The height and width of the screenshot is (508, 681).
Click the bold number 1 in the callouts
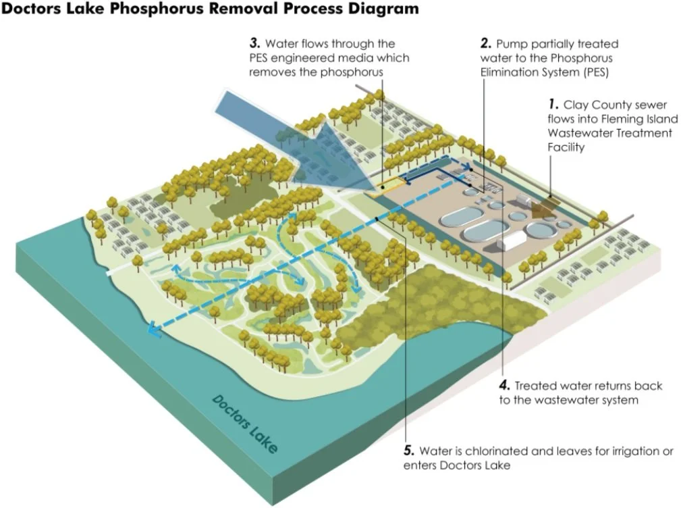click(553, 105)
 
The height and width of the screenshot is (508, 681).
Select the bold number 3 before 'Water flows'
click(254, 44)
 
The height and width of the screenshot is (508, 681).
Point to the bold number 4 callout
click(504, 386)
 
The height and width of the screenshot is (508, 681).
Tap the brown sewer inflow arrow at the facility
click(541, 207)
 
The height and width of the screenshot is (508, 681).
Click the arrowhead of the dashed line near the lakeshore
click(155, 330)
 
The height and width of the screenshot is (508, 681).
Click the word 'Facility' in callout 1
click(567, 147)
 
